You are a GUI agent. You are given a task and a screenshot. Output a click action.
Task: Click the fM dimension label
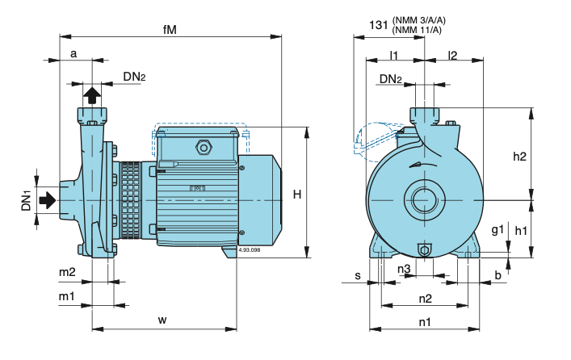point(170,29)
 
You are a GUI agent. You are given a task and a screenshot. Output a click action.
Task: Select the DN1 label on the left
point(26,200)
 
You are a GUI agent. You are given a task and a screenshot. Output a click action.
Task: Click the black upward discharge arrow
point(91,94)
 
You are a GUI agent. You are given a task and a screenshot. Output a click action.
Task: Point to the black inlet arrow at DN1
point(48,199)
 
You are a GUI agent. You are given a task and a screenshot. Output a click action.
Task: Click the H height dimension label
point(297,194)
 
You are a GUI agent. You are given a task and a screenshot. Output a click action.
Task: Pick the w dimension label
point(162,320)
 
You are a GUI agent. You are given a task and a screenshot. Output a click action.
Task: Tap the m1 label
point(66,297)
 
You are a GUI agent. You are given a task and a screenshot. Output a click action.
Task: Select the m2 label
point(66,272)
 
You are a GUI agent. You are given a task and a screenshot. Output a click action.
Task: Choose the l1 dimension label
point(394,54)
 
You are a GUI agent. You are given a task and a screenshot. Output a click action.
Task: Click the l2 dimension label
point(452,54)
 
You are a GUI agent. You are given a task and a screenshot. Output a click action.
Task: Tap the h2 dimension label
point(520,157)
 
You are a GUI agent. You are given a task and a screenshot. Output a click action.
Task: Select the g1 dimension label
point(498,230)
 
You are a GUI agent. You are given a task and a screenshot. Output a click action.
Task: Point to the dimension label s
point(357,275)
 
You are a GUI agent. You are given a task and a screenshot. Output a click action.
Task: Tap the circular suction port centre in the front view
point(424,199)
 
